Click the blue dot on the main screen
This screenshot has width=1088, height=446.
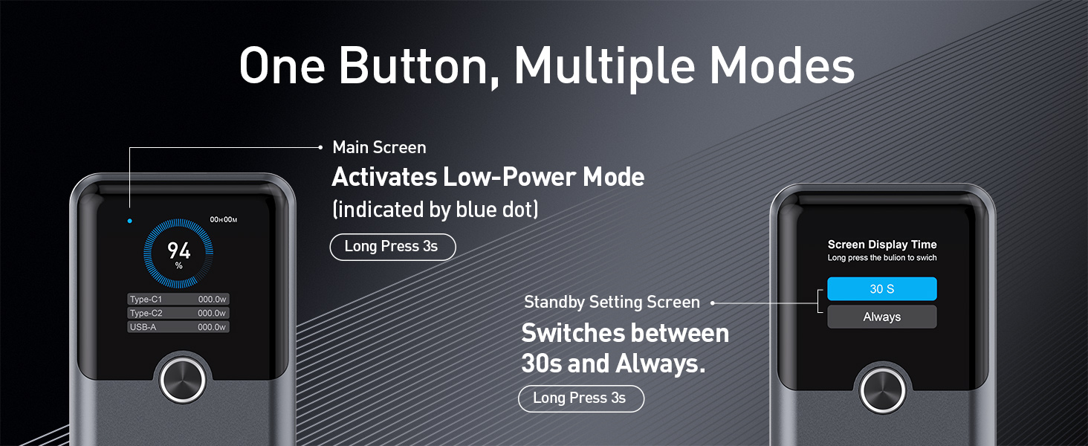(x=129, y=221)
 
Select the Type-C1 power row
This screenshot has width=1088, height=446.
(x=178, y=300)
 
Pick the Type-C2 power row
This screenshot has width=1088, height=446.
(x=178, y=313)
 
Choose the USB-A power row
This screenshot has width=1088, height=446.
(x=178, y=327)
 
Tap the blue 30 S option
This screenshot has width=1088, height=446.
(x=881, y=289)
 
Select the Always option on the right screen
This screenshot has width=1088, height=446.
(x=881, y=317)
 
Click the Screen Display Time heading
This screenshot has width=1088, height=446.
(x=881, y=245)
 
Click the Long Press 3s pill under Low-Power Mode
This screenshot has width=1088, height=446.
(x=392, y=247)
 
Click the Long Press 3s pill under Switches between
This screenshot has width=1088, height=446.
(x=580, y=398)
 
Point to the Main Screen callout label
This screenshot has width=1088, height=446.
(x=379, y=147)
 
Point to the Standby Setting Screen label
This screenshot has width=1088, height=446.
(x=612, y=303)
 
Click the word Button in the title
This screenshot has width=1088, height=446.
(x=423, y=67)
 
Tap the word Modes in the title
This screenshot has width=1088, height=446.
(x=781, y=67)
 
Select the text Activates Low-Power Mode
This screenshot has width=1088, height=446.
(x=488, y=178)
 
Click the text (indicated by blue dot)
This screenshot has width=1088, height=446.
(x=435, y=210)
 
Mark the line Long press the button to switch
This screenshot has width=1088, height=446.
(x=881, y=258)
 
